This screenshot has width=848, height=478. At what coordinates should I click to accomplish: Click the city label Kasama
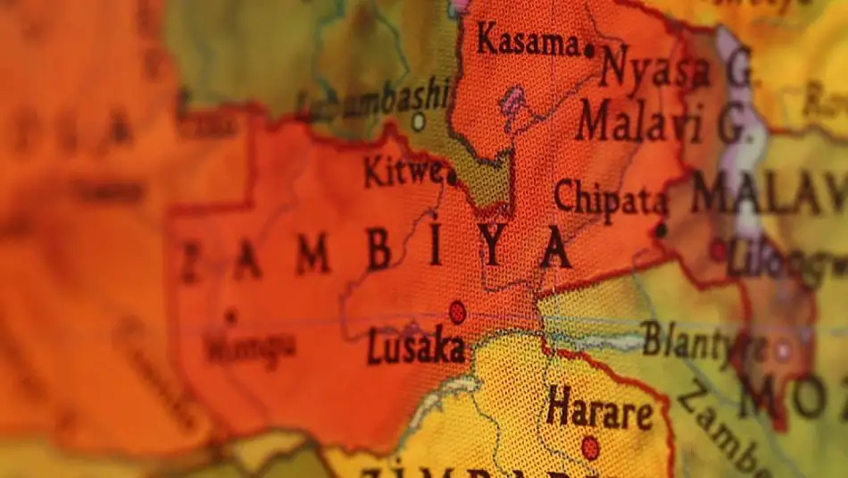coord(527,40)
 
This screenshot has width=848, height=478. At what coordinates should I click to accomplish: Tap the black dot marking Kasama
coord(588,51)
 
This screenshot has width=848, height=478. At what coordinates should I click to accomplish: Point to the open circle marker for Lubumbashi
coord(418,119)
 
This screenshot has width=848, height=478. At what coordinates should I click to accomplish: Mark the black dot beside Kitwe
coord(452,177)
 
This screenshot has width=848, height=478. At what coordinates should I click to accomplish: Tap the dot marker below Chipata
coord(661,231)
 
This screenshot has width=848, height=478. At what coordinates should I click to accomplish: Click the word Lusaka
coord(416,347)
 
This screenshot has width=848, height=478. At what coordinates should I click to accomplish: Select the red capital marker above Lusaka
coord(457,312)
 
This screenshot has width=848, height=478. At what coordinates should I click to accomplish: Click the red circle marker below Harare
coord(590,447)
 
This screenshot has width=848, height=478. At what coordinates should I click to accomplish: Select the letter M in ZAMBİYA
coord(312,256)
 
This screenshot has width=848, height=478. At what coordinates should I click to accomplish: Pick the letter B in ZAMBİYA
coord(379,252)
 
